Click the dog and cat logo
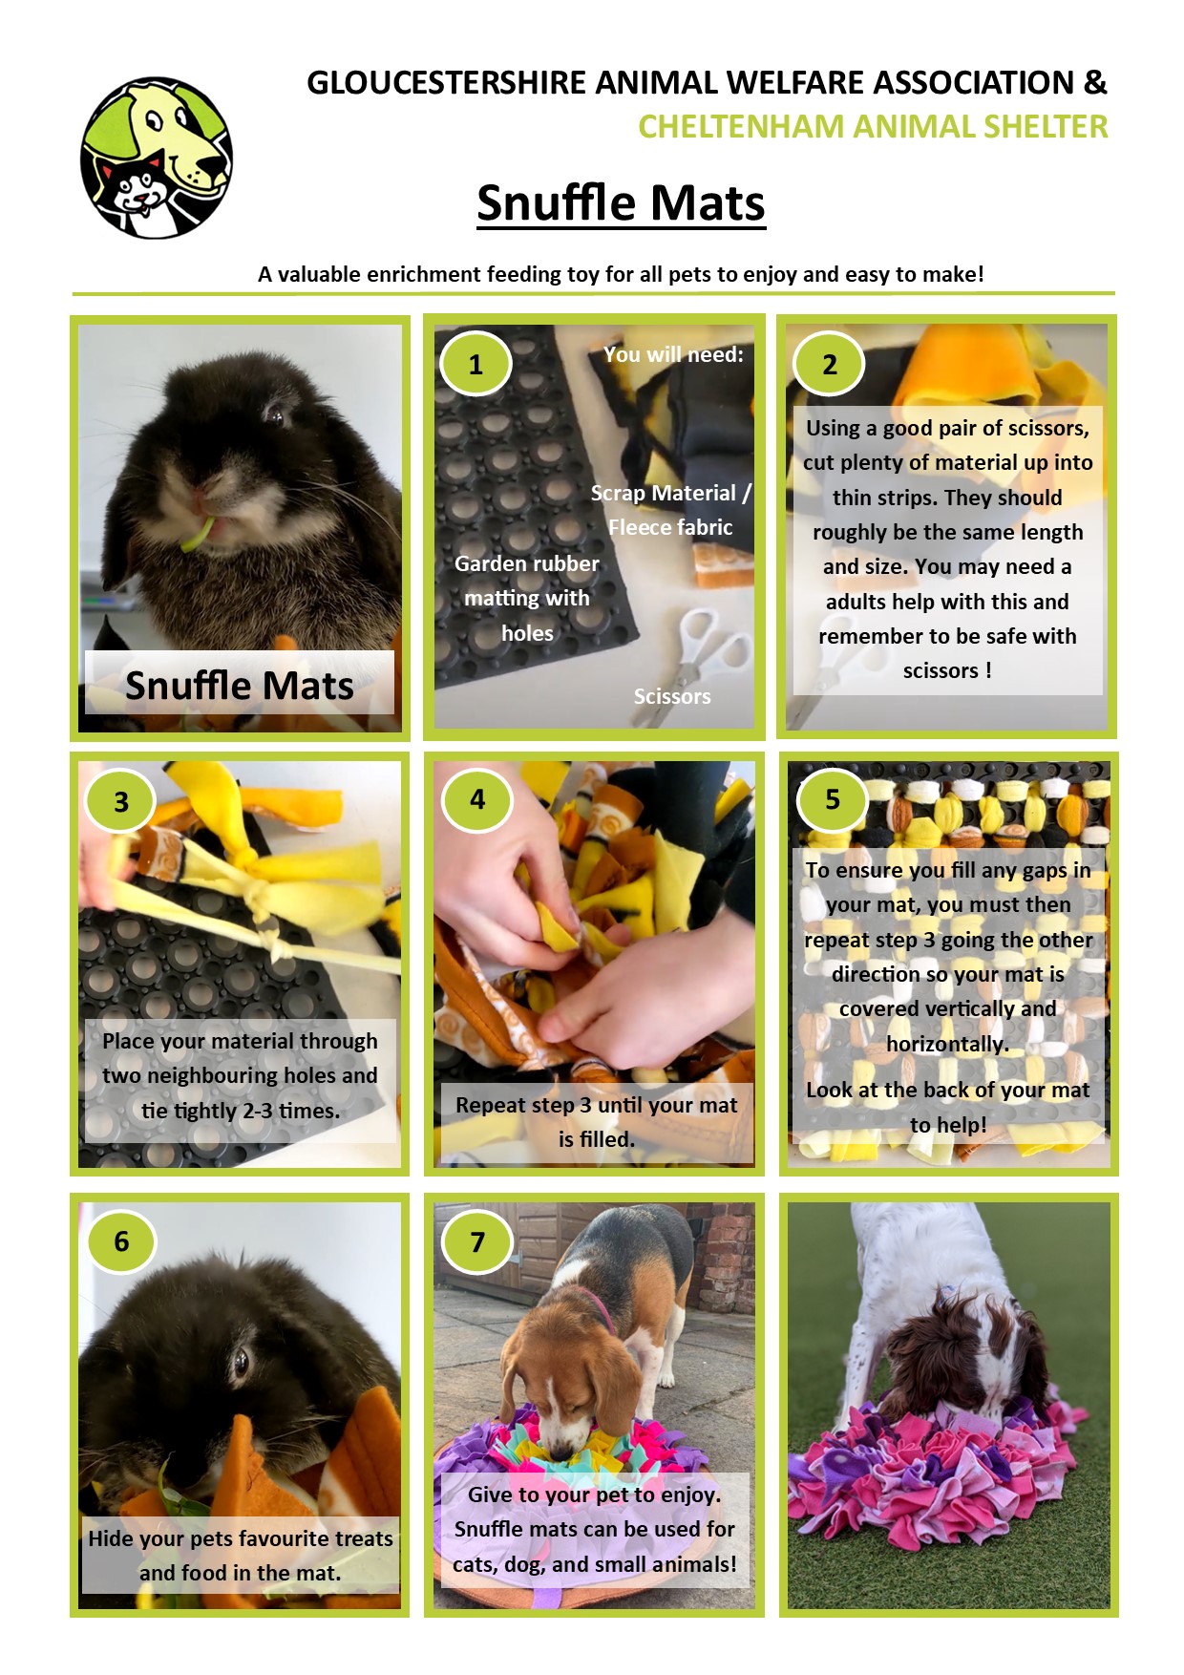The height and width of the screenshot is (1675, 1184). pyautogui.click(x=156, y=158)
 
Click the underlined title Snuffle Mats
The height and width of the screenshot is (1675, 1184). pyautogui.click(x=621, y=203)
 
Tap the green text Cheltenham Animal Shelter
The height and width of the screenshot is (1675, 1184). pyautogui.click(x=873, y=126)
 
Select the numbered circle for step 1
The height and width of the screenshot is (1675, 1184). pyautogui.click(x=476, y=364)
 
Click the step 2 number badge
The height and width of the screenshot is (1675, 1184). pyautogui.click(x=830, y=364)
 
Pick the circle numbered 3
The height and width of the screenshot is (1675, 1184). pyautogui.click(x=121, y=801)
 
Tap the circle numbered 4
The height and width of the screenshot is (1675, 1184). pyautogui.click(x=477, y=799)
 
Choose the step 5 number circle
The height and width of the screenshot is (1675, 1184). pyautogui.click(x=833, y=799)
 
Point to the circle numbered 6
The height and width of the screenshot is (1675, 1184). pyautogui.click(x=121, y=1240)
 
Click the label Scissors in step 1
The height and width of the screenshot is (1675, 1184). pyautogui.click(x=672, y=696)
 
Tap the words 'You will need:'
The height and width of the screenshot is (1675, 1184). pyautogui.click(x=673, y=354)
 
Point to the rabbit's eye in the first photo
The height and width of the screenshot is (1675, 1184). pyautogui.click(x=275, y=413)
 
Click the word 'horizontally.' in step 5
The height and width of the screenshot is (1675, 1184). pyautogui.click(x=947, y=1044)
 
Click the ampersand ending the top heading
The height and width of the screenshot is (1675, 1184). pyautogui.click(x=1095, y=82)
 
